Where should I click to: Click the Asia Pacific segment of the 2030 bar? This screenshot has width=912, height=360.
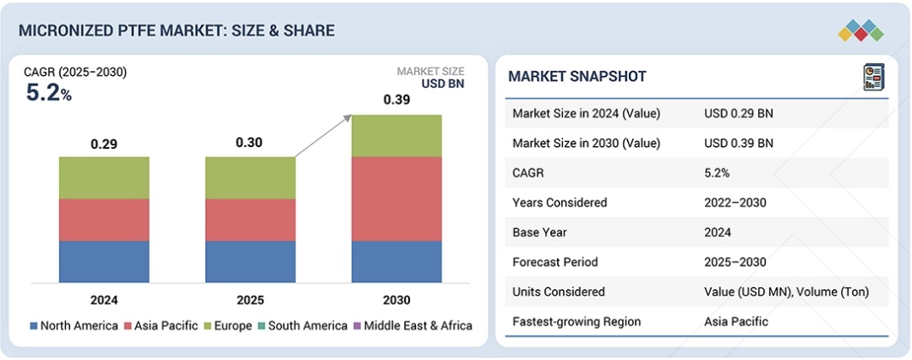(396, 199)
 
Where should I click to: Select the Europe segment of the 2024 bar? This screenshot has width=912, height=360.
(104, 177)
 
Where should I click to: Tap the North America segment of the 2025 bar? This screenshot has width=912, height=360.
(250, 261)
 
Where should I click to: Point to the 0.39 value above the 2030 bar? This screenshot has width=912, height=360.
(396, 100)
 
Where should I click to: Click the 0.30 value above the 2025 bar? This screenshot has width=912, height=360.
(250, 142)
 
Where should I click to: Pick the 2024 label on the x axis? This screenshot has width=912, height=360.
(104, 300)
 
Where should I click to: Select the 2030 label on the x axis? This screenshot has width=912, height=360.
(396, 300)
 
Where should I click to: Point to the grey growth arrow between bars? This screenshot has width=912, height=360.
(323, 136)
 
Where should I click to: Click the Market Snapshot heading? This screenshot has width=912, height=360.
(577, 77)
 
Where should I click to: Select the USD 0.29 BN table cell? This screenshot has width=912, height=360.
(738, 113)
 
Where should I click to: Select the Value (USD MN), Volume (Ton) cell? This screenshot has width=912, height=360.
(786, 292)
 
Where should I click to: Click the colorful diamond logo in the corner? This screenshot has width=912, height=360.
(860, 31)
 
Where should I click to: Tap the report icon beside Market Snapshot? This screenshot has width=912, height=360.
(872, 77)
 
